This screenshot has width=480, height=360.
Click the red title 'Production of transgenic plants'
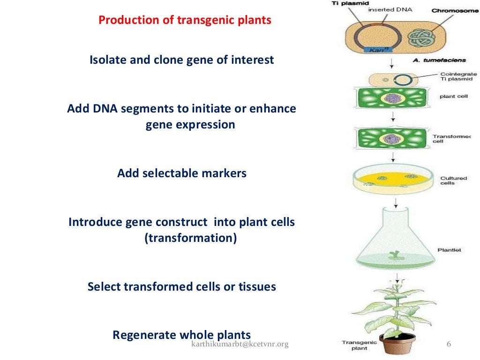tap(185, 21)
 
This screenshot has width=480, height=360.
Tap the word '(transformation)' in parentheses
tap(191, 238)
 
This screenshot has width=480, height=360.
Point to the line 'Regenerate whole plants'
tap(182, 335)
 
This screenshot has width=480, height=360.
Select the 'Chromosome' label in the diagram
tap(455, 11)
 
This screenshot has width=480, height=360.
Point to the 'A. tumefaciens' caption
tap(433, 60)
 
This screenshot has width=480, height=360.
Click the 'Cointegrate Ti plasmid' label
tap(458, 76)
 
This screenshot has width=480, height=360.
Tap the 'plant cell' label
tap(453, 97)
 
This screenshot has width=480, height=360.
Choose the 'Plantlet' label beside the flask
tap(449, 250)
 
